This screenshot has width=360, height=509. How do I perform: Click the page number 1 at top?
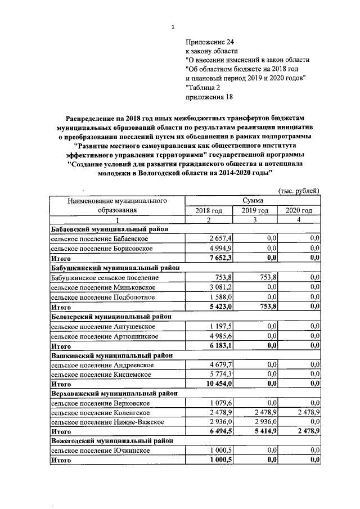[174, 26]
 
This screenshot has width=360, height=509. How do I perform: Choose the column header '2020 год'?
[298, 210]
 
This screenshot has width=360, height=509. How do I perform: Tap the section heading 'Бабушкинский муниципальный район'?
[115, 268]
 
